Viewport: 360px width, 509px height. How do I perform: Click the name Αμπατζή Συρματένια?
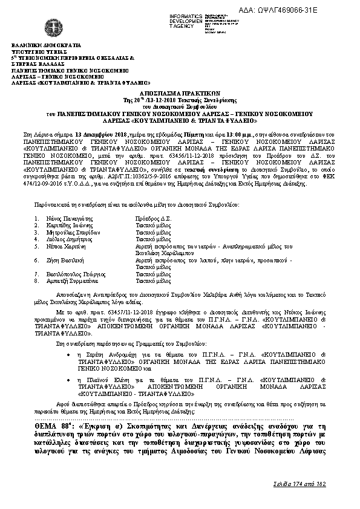pos(69,281)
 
